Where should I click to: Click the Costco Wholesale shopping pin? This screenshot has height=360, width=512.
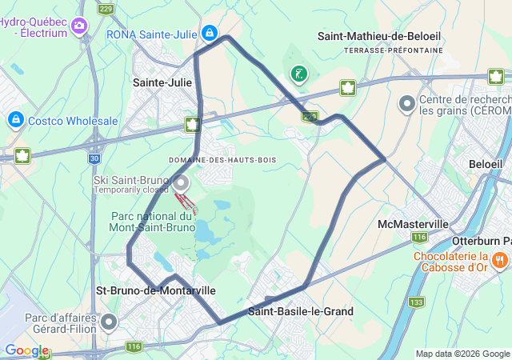[15, 120]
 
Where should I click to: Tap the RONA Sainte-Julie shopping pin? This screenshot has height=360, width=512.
[209, 33]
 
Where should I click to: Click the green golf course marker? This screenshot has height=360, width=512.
[299, 75]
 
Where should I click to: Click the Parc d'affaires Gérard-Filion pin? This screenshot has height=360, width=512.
[109, 322]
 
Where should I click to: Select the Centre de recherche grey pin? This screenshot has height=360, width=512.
[407, 104]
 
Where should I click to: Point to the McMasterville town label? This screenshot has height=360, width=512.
[413, 223]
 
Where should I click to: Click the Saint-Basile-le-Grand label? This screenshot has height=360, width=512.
[301, 311]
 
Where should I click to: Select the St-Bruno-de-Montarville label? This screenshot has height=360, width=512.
[155, 290]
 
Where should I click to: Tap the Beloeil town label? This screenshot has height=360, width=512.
[486, 163]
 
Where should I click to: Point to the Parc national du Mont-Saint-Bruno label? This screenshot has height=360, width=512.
[152, 222]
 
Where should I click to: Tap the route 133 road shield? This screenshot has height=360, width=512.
[416, 302]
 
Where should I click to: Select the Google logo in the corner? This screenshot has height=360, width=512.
[26, 350]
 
